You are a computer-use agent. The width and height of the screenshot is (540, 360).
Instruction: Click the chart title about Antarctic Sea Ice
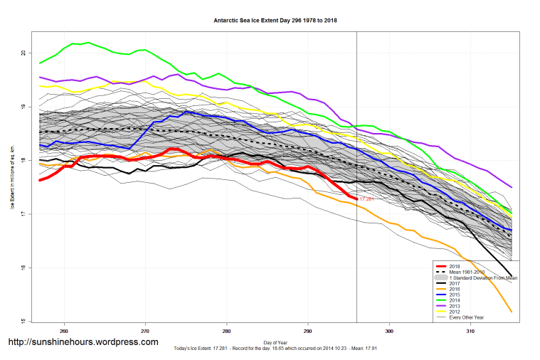pyautogui.click(x=275, y=21)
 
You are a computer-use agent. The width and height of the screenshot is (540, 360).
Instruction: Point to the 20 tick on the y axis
pyautogui.click(x=23, y=53)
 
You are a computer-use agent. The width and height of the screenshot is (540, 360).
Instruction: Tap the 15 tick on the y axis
pyautogui.click(x=23, y=322)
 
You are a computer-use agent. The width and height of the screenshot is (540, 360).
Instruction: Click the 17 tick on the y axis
pyautogui.click(x=23, y=214)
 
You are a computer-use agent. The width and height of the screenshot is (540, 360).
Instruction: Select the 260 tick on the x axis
pyautogui.click(x=64, y=332)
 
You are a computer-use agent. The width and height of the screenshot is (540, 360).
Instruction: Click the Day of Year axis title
pyautogui.click(x=275, y=343)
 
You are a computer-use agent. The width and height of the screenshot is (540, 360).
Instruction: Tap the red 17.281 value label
pyautogui.click(x=366, y=199)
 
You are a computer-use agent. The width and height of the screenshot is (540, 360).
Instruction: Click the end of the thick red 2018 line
pyautogui.click(x=356, y=198)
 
